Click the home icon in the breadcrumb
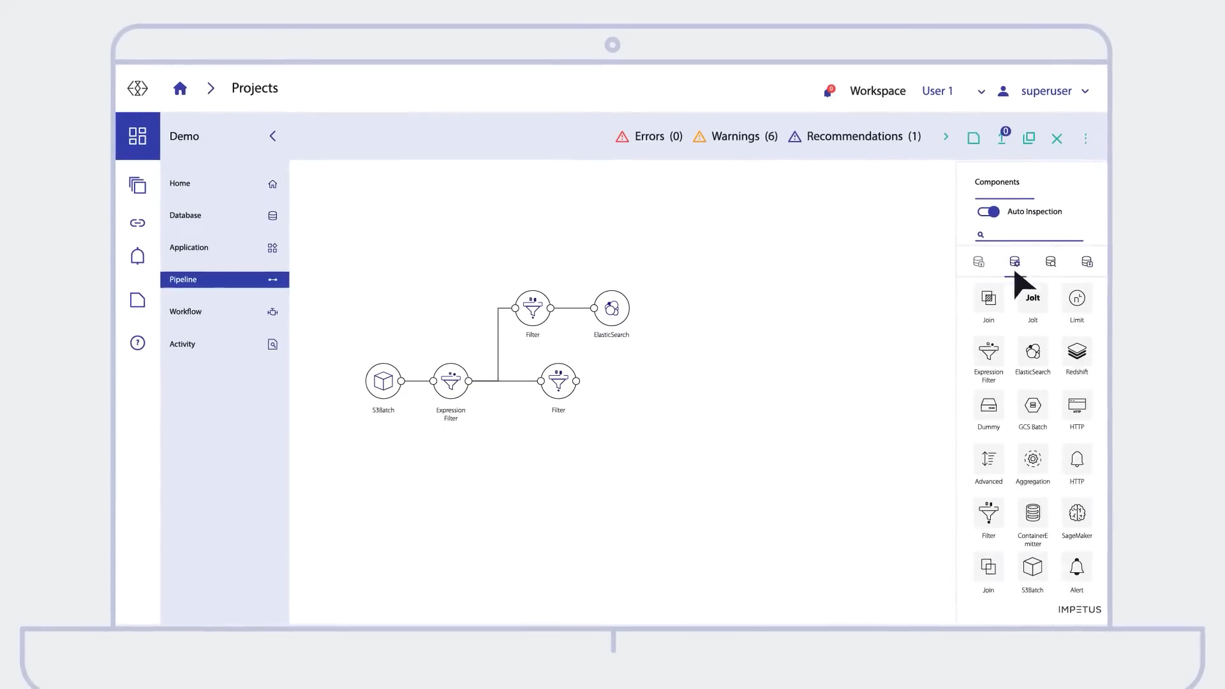[x=180, y=89]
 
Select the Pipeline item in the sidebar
[x=224, y=279]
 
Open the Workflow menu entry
[x=224, y=312]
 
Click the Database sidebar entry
[x=224, y=216]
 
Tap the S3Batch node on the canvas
[x=383, y=382]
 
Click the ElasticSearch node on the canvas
[x=611, y=309]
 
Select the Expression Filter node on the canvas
[x=450, y=382]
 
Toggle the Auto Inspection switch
[x=988, y=212]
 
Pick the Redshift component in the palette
[x=1076, y=352]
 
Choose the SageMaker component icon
[x=1076, y=514]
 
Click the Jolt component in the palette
[x=1032, y=299]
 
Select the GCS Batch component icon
[x=1032, y=406]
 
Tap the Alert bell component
[x=1076, y=568]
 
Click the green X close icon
[x=1057, y=138]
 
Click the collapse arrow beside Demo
[x=272, y=137]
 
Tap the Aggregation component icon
[x=1032, y=460]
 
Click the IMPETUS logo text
[x=1079, y=610]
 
